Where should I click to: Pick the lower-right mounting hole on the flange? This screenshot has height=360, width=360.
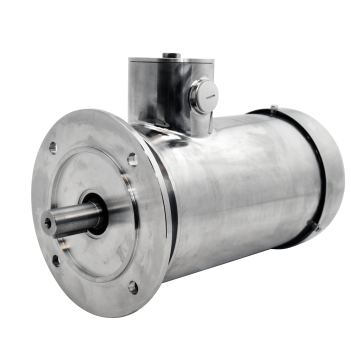tap(132, 288)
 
